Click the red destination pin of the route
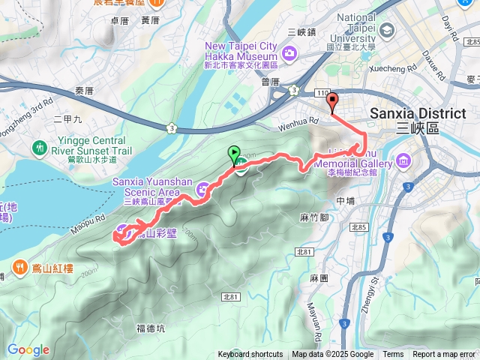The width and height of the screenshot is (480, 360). (332, 103)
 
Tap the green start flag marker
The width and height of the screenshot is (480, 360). (235, 154)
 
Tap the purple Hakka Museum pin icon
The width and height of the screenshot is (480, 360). (290, 52)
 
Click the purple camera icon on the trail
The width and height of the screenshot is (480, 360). (202, 191)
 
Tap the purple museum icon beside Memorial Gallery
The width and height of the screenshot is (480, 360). (404, 160)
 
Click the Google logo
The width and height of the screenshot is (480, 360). (28, 349)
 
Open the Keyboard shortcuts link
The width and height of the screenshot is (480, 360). (250, 355)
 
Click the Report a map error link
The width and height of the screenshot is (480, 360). (444, 355)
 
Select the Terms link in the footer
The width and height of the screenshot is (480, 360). (393, 355)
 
